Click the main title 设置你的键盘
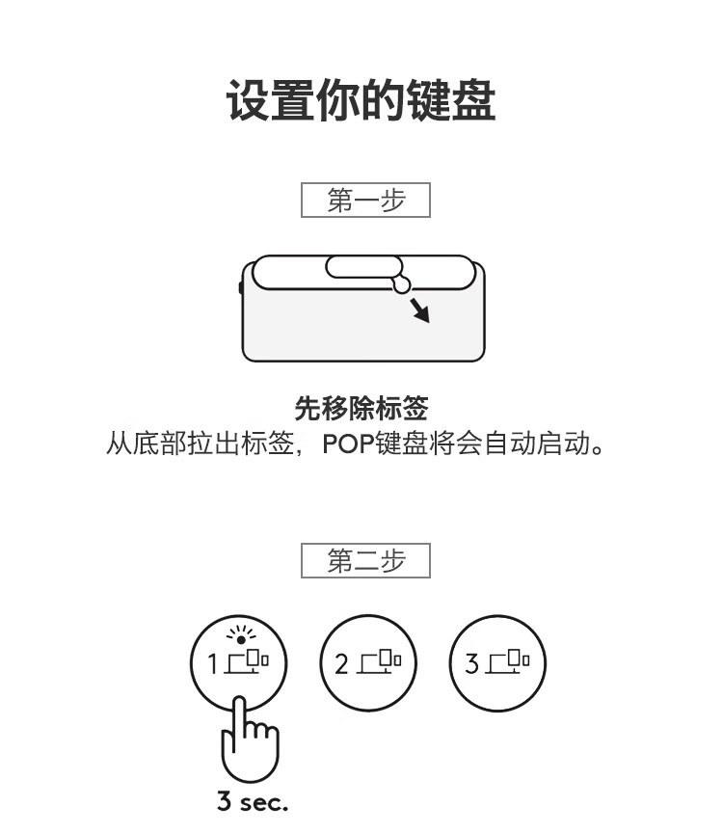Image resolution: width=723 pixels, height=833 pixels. (361, 100)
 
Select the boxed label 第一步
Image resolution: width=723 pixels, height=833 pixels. (365, 200)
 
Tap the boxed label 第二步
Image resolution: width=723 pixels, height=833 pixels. (365, 560)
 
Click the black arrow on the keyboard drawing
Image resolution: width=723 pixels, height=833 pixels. (419, 310)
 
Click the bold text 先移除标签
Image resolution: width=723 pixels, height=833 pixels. (361, 409)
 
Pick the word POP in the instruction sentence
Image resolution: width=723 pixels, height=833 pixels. (348, 443)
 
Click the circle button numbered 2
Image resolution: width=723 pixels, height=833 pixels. (368, 663)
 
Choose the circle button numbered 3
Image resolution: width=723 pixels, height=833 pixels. (497, 663)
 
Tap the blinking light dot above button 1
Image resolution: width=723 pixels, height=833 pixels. (241, 639)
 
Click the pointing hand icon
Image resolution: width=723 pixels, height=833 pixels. (249, 739)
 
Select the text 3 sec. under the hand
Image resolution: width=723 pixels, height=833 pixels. (253, 801)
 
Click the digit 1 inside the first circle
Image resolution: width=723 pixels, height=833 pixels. (212, 664)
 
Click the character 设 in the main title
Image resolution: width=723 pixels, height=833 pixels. (248, 100)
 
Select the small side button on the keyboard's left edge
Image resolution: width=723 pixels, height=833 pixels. (241, 287)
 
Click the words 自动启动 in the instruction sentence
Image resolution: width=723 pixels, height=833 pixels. (537, 443)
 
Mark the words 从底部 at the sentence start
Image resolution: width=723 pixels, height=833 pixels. (147, 443)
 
